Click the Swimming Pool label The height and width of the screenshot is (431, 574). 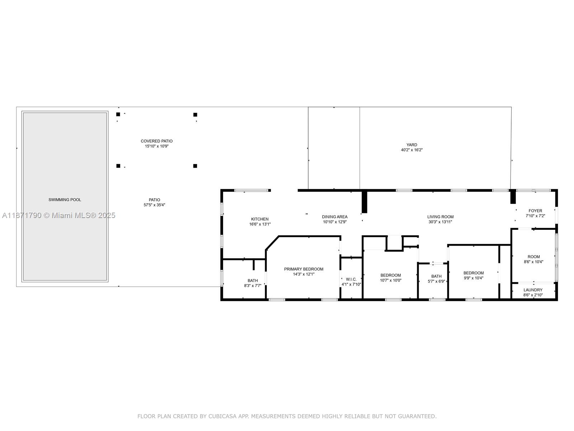point(65,200)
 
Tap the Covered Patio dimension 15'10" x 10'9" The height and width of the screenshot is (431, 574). point(156,146)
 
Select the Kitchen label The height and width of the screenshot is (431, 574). point(260,219)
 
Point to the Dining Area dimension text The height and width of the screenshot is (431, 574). point(334,222)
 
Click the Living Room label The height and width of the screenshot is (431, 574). point(440,217)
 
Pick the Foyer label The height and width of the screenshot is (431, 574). point(535,211)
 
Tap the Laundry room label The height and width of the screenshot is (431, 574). point(533,290)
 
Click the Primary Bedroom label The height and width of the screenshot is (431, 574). point(304,269)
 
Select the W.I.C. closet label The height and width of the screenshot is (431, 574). point(351,279)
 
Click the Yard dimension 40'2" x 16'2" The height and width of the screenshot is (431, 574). point(411,150)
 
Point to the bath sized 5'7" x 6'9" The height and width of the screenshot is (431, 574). point(436,279)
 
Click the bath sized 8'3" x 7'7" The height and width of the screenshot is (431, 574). point(253,283)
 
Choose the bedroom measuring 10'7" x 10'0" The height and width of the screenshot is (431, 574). point(391,278)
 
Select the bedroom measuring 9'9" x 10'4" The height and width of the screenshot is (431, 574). point(474,275)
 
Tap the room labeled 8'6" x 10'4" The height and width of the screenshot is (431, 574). point(533,259)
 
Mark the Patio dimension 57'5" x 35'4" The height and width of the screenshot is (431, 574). point(154,205)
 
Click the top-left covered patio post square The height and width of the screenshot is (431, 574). point(118,115)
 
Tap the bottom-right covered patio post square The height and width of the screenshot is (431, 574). point(195,166)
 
